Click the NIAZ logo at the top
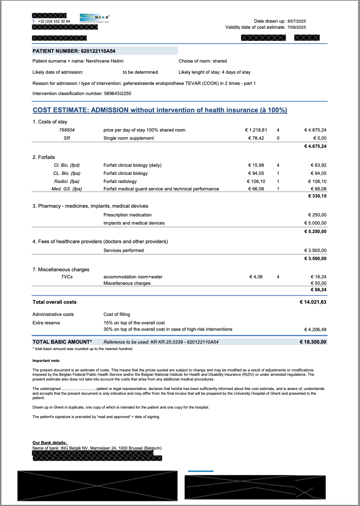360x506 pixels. (x=94, y=18)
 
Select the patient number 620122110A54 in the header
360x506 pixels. (x=98, y=51)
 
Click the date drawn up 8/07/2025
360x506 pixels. (x=296, y=21)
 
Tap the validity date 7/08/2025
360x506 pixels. (x=296, y=27)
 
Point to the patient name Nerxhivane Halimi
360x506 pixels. (x=105, y=61)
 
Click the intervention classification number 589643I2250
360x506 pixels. (x=117, y=93)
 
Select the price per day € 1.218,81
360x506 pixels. (x=256, y=130)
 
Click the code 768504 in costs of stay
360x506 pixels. (x=67, y=130)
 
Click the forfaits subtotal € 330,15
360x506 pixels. (x=317, y=196)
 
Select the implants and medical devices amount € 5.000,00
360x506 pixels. (x=315, y=223)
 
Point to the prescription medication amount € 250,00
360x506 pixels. (x=317, y=215)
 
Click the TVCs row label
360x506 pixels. (x=67, y=277)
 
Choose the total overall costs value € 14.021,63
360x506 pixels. (x=313, y=302)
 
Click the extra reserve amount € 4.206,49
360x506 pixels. (x=315, y=329)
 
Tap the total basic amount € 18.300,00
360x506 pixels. (x=313, y=342)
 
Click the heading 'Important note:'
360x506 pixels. (x=46, y=361)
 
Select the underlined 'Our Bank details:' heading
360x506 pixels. (x=50, y=442)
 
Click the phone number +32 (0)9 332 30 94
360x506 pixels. (x=54, y=21)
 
